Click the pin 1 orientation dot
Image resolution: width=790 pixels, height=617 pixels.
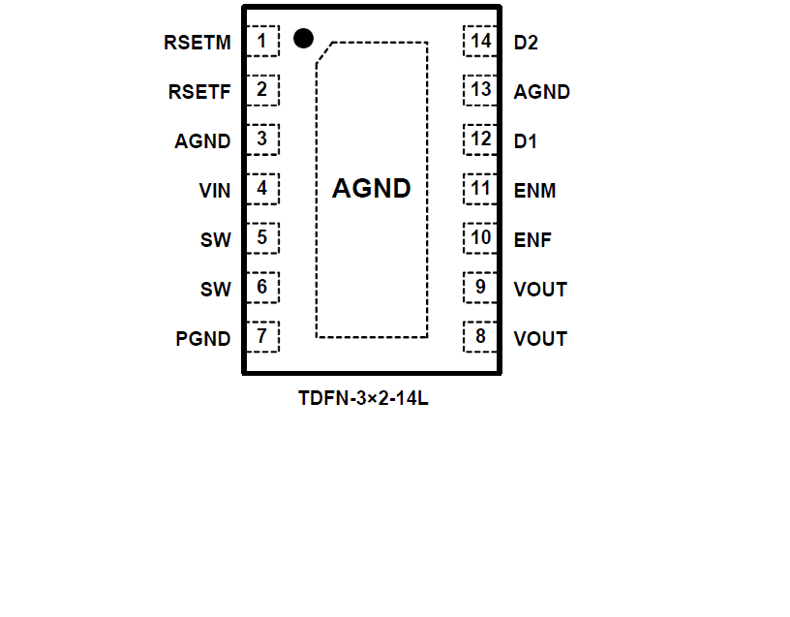point(303,39)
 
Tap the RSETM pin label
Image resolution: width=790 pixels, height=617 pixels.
point(197,43)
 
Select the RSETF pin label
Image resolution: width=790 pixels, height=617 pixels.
point(199,92)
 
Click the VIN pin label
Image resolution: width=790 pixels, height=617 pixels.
point(215,191)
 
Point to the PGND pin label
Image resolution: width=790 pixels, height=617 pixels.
point(203,339)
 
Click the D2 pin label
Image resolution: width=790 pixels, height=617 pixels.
point(526,43)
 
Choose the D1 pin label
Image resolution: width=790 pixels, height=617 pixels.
point(526,141)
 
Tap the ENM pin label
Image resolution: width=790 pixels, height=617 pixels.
point(534,191)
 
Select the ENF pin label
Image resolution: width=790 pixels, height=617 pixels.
point(532,240)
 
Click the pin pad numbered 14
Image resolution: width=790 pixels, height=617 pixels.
point(481,42)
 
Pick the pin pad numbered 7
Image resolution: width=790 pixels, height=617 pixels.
point(262,337)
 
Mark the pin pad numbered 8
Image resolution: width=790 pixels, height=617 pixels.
point(481,337)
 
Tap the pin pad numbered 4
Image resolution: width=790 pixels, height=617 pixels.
point(262,189)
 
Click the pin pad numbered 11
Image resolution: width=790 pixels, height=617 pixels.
point(481,189)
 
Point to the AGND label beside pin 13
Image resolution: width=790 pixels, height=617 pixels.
point(542,92)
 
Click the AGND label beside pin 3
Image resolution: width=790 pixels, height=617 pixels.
point(202,141)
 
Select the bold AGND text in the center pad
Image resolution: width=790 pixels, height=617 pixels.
point(372,189)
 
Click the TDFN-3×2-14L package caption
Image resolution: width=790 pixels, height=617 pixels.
point(363,398)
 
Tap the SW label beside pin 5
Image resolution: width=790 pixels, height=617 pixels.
point(216,240)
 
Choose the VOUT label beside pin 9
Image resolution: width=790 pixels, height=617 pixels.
point(540,290)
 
